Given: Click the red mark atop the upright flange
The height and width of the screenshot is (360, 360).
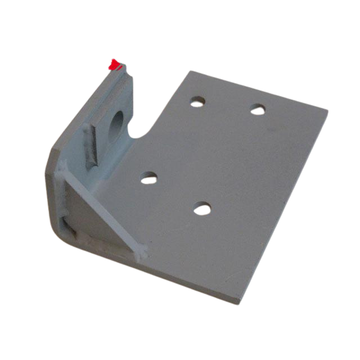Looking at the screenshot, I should point(115,65).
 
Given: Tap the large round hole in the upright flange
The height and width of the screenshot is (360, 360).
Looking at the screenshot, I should point(118,123).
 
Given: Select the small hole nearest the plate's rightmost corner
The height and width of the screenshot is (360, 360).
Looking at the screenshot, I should point(258,109).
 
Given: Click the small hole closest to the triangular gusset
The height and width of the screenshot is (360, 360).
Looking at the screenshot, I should point(149,177).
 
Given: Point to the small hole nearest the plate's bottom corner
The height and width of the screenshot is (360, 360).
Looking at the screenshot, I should point(202,209).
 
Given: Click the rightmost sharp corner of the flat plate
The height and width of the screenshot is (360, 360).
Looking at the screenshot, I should point(327,110).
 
